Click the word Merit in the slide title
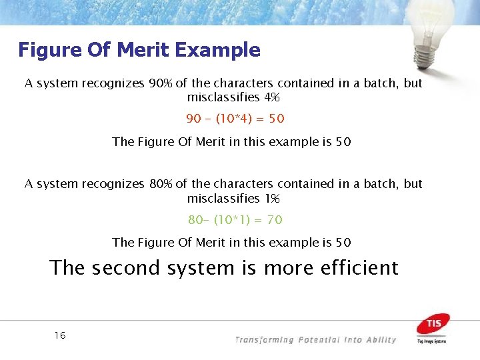tap(137, 50)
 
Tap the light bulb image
tap(432, 29)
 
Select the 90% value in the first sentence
tap(161, 83)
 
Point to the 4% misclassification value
tap(271, 98)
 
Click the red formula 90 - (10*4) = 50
tap(235, 119)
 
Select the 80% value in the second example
tap(161, 183)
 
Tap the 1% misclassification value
tap(271, 199)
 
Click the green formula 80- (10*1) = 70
tap(235, 219)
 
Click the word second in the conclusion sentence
tap(126, 268)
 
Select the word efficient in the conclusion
tap(359, 268)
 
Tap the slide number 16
tap(60, 335)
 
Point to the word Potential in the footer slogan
tap(319, 340)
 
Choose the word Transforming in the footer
tap(265, 340)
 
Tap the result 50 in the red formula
tap(275, 119)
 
